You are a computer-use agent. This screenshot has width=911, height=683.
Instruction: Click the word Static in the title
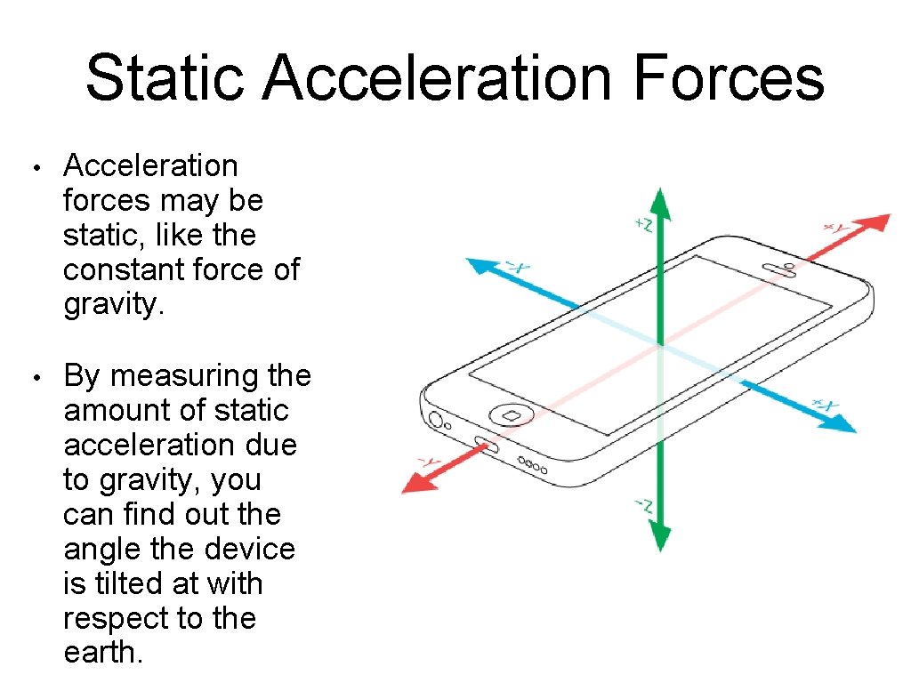click(x=164, y=77)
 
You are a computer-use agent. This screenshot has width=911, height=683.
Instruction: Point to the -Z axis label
click(x=642, y=508)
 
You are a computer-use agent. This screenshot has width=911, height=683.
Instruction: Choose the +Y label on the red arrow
click(x=836, y=229)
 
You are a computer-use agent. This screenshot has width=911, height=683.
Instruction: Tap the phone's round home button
click(x=511, y=414)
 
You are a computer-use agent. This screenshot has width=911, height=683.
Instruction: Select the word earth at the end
click(x=101, y=653)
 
